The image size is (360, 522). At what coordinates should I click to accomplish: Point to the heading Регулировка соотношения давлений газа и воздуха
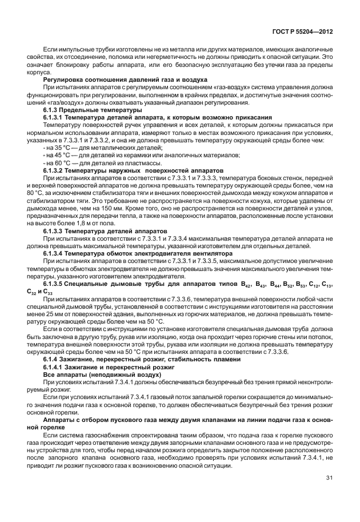point(109,79)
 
